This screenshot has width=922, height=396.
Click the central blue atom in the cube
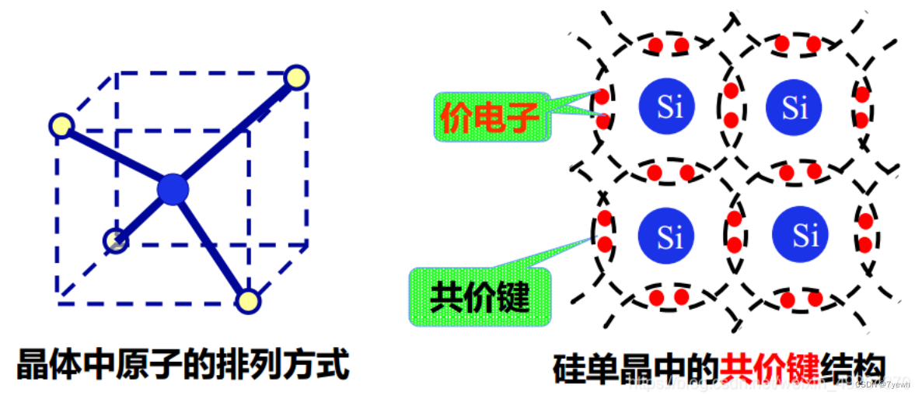(173, 189)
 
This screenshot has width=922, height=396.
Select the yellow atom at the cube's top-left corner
(61, 124)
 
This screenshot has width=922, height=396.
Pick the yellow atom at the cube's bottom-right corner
(247, 300)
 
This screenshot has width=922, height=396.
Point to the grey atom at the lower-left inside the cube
(116, 241)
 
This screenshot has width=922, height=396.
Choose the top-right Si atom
(793, 107)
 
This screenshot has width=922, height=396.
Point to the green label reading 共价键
(480, 296)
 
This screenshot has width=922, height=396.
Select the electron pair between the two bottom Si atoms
(732, 233)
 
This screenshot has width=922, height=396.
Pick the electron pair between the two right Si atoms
(801, 171)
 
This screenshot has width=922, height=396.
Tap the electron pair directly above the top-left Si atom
(669, 44)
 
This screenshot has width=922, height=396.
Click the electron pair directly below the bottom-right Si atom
(802, 299)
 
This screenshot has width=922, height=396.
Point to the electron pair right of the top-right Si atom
(862, 107)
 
